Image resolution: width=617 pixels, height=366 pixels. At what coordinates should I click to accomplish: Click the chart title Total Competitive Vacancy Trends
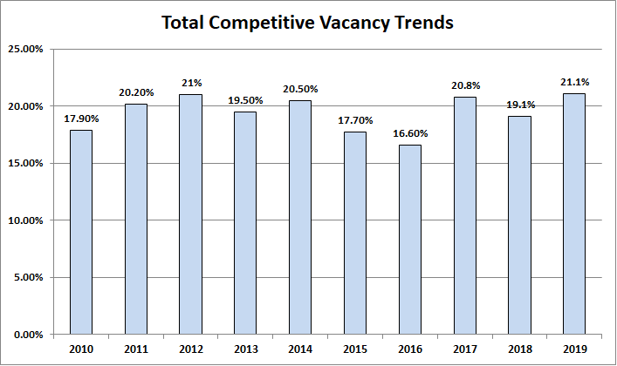[x=308, y=23]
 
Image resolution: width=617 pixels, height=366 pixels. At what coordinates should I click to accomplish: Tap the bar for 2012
[x=189, y=214]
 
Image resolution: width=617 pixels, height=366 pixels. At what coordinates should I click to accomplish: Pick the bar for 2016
[x=409, y=240]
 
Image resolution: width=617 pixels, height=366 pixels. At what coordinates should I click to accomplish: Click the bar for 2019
[x=574, y=213]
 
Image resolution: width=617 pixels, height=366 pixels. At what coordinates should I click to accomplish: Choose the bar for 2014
[x=299, y=217]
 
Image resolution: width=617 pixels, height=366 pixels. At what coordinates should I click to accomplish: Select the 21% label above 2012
[x=189, y=84]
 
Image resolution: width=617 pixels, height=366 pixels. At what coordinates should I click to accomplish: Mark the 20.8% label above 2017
[x=464, y=86]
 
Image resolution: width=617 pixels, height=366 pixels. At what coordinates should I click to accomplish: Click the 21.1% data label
[x=574, y=83]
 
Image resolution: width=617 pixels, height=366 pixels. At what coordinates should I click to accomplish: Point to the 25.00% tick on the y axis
[x=25, y=49]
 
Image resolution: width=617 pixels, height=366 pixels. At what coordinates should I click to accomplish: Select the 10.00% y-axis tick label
[x=25, y=220]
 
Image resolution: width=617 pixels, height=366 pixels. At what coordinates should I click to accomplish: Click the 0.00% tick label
[x=28, y=335]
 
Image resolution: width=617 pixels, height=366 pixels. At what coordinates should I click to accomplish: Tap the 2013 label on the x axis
[x=244, y=350]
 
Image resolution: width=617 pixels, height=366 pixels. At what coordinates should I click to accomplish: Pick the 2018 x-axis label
[x=519, y=350]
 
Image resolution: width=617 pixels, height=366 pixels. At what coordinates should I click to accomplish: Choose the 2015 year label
[x=354, y=350]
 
